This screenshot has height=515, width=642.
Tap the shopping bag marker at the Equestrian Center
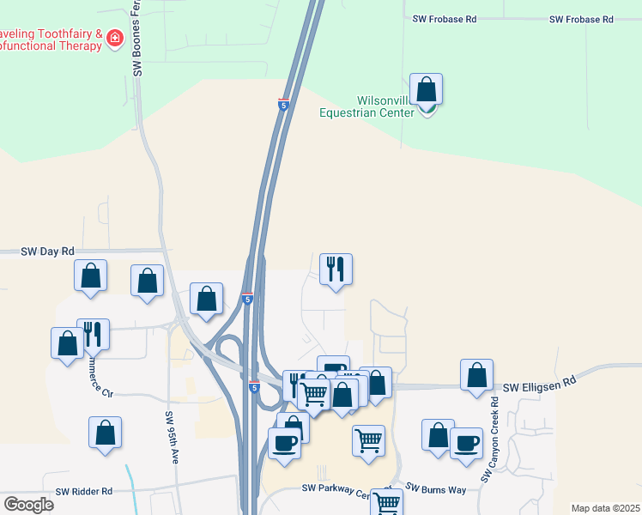pyautogui.click(x=426, y=90)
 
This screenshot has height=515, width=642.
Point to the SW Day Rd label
pyautogui.click(x=49, y=251)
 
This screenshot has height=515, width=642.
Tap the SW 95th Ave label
pyautogui.click(x=172, y=438)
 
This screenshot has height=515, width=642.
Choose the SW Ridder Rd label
pyautogui.click(x=84, y=492)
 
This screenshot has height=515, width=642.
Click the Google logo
pyautogui.click(x=28, y=505)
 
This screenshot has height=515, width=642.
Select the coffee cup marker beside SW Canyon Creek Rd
pyautogui.click(x=466, y=444)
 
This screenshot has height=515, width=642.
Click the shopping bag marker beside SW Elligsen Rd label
pyautogui.click(x=476, y=376)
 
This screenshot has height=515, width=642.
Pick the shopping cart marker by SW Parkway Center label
pyautogui.click(x=386, y=503)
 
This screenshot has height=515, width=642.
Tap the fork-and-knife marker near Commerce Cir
pyautogui.click(x=93, y=334)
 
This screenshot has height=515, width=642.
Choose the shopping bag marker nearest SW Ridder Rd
pyautogui.click(x=105, y=433)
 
